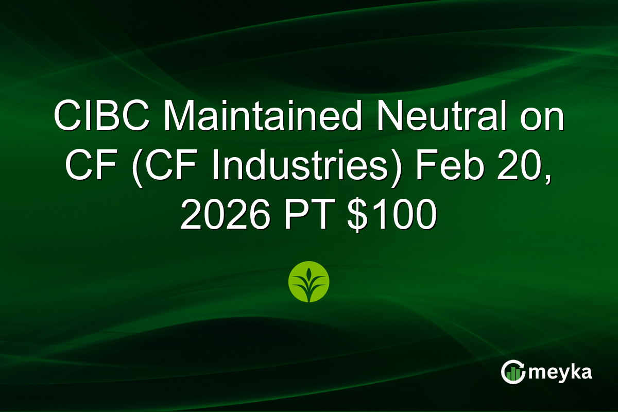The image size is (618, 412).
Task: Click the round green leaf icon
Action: (x=308, y=282)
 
